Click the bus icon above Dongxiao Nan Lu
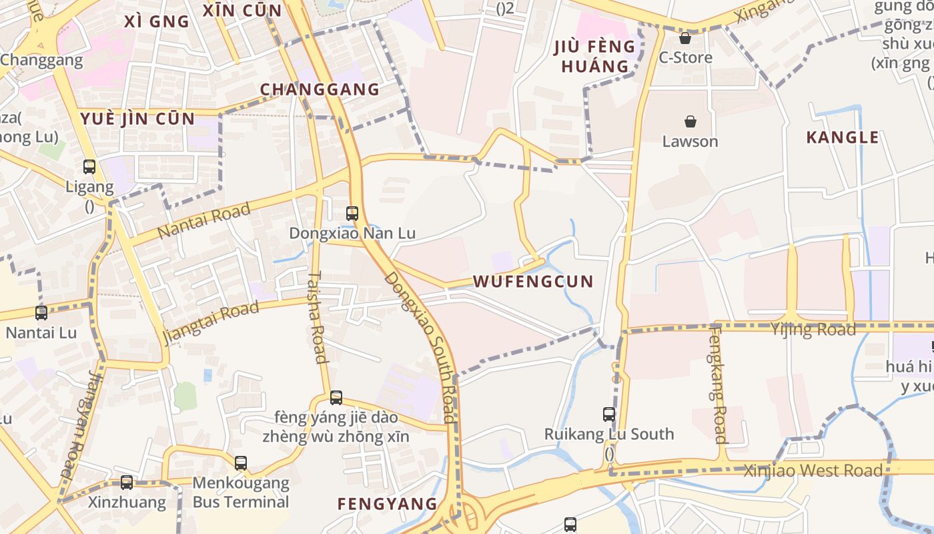coord(352,214)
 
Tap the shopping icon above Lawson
coord(690,121)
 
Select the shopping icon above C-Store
coord(685,38)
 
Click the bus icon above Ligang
coord(89,167)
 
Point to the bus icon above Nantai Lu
coord(41,312)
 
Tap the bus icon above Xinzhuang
coord(127,483)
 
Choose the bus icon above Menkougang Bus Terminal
coord(241,463)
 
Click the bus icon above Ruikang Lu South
coord(609,415)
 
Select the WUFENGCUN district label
coord(533,282)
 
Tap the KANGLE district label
coord(843,138)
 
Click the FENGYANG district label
coord(387,504)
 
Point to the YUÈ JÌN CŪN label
coord(137,119)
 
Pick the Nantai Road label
coord(204,221)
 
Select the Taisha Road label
coord(318,316)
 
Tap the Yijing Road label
coord(813,330)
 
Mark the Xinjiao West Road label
coord(813,471)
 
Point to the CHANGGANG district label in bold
coord(320,89)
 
